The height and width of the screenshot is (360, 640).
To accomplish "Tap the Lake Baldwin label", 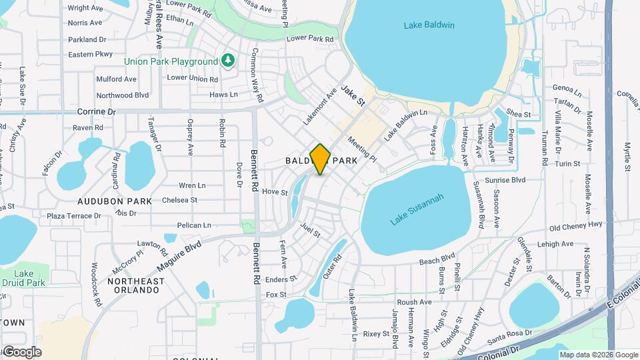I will (x=429, y=25).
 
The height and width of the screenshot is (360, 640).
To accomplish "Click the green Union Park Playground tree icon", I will (x=229, y=61).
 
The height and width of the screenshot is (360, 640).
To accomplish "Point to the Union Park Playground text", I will (x=171, y=61).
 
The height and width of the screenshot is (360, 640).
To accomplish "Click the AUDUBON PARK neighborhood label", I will (x=115, y=201).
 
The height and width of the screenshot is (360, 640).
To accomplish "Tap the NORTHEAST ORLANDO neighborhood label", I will (x=135, y=287).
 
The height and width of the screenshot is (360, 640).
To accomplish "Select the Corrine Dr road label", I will (x=97, y=111).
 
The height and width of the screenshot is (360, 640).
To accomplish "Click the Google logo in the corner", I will (x=21, y=351).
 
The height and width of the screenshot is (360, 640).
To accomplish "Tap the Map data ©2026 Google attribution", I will (x=598, y=355).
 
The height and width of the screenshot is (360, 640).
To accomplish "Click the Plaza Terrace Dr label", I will (x=74, y=216).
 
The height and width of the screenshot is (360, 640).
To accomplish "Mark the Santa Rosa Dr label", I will (x=510, y=332).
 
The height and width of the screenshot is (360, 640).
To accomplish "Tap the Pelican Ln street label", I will (x=194, y=225).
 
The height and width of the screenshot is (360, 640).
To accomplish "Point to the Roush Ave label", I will (x=414, y=302).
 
